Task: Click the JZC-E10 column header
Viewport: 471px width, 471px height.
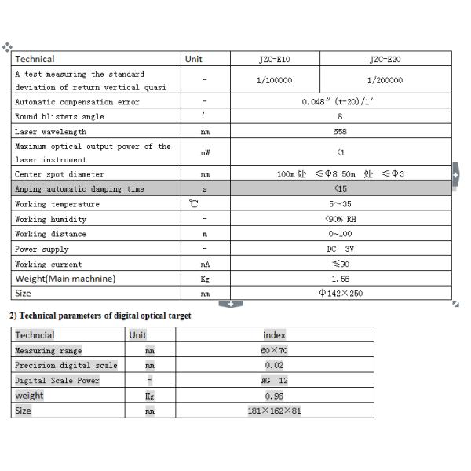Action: [274, 59]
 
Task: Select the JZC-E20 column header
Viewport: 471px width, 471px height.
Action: [385, 59]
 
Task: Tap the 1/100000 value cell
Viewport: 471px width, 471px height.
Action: [274, 80]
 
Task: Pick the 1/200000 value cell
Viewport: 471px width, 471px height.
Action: [385, 80]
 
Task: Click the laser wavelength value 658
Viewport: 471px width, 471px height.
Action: [340, 132]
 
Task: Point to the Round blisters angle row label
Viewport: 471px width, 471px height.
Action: [60, 116]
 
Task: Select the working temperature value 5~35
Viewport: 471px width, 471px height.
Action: [340, 204]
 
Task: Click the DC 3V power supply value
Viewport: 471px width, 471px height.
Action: [340, 249]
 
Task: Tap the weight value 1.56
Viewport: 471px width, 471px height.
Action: [340, 279]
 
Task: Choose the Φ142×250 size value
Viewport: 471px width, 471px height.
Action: [340, 294]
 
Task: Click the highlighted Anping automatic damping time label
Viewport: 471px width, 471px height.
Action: [80, 189]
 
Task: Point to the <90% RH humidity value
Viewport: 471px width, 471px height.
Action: [340, 219]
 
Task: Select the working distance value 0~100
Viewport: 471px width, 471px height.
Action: [340, 234]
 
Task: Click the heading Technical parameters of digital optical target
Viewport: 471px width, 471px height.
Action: [100, 316]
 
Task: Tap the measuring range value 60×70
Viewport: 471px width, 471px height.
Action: [275, 351]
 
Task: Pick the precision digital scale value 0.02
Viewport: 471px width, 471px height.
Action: [275, 366]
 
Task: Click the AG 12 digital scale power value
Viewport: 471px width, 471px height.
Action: [275, 381]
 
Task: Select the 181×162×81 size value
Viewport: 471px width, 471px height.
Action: [275, 411]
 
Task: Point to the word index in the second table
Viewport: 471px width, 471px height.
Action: [275, 335]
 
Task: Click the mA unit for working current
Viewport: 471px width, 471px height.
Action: [205, 265]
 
